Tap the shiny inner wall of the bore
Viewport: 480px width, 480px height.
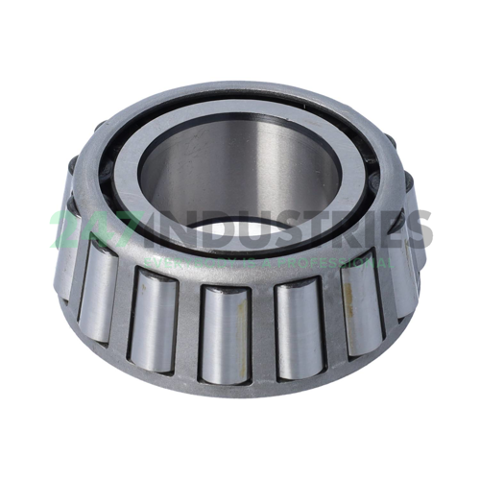coord(240,173)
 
